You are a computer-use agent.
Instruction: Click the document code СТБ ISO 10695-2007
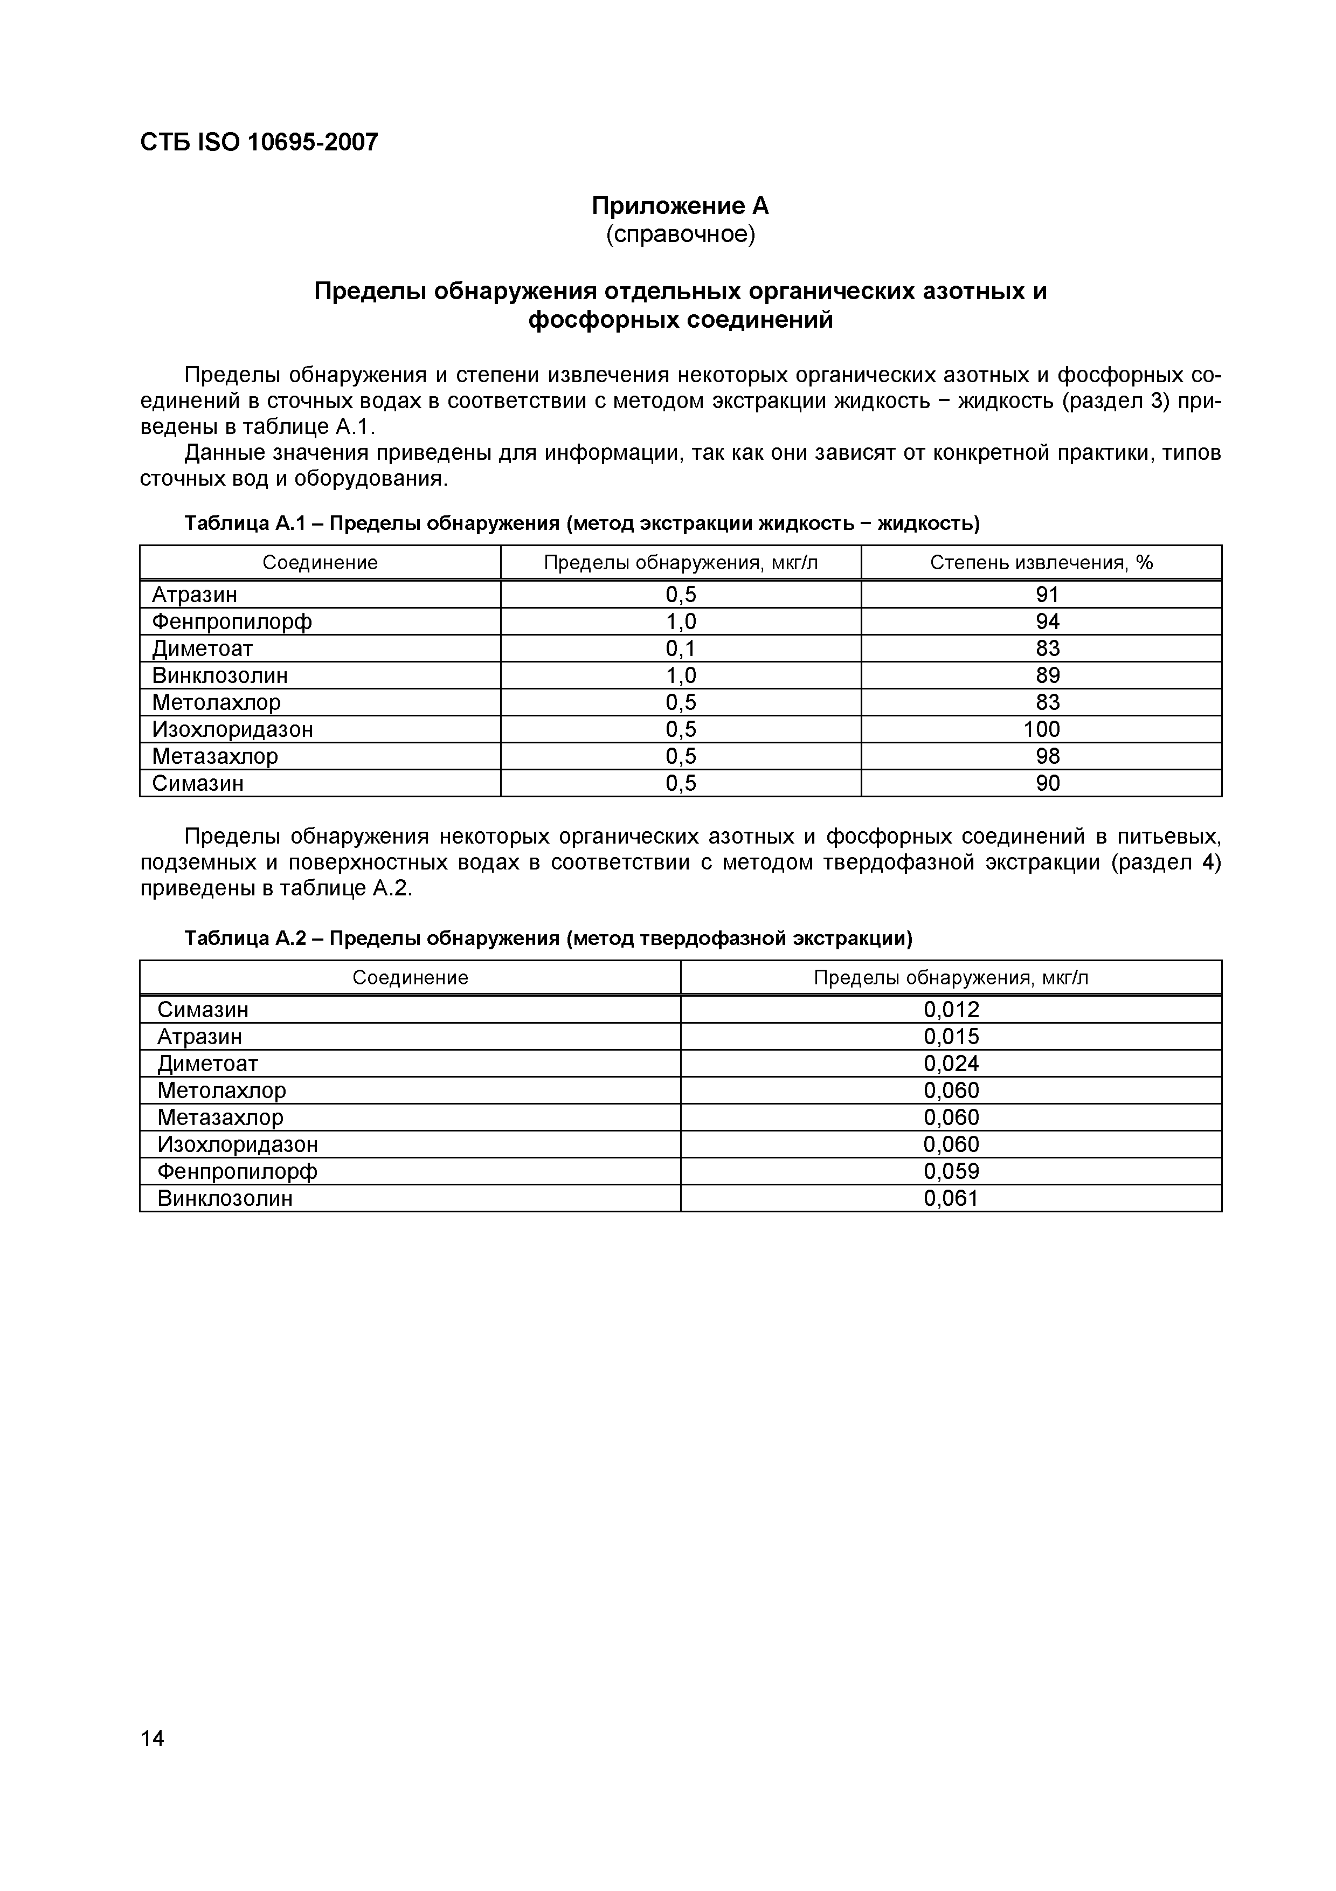coord(259,142)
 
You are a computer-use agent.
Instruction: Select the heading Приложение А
coord(680,206)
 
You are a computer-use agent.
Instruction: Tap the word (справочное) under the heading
coord(680,234)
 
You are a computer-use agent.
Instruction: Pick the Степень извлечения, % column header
coord(1041,563)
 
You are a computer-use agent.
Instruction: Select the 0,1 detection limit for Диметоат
coord(681,648)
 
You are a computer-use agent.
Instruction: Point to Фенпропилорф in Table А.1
coord(232,621)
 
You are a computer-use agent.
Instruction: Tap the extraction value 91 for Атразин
coord(1047,594)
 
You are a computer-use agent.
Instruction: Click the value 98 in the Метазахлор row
coord(1047,756)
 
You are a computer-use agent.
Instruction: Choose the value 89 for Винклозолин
coord(1047,675)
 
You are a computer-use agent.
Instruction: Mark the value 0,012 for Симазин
coord(951,1009)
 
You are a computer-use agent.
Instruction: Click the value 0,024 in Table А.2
coord(951,1063)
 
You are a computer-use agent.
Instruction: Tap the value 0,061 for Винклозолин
coord(951,1198)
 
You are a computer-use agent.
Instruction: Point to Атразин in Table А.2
coord(200,1036)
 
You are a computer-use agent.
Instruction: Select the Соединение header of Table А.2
coord(410,978)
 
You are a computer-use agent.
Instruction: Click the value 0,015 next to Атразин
coord(951,1036)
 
